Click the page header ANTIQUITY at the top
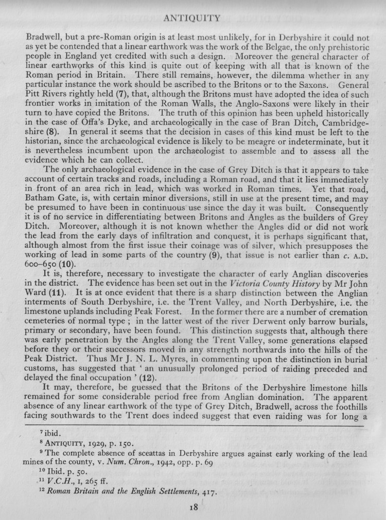tap(191, 19)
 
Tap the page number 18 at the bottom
tap(194, 507)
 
